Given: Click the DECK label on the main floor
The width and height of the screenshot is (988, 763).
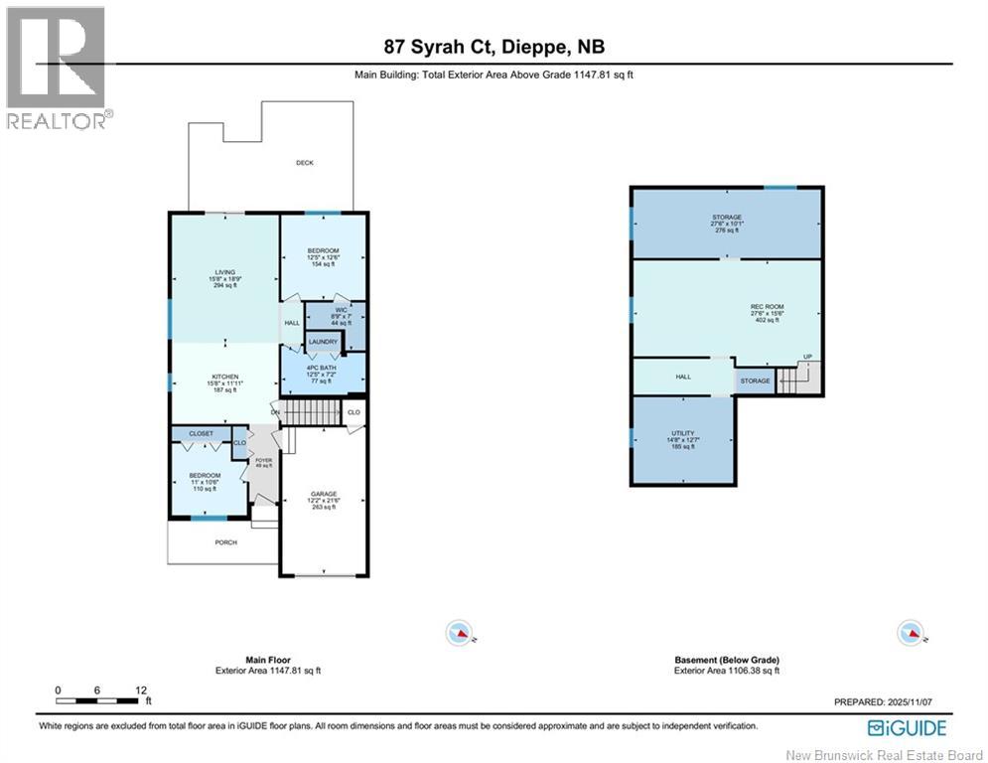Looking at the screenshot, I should [304, 162].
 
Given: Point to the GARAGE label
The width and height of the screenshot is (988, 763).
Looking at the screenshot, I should [324, 494].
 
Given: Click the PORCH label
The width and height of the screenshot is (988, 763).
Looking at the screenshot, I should [226, 542].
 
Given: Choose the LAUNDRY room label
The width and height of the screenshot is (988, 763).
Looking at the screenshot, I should [323, 342].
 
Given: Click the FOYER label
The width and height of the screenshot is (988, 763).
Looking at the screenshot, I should [264, 460].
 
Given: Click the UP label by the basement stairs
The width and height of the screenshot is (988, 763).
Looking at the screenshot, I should [807, 358].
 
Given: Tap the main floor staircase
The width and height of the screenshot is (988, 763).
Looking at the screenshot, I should [313, 411].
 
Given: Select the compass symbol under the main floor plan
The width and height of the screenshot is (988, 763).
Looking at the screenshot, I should [459, 632].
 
